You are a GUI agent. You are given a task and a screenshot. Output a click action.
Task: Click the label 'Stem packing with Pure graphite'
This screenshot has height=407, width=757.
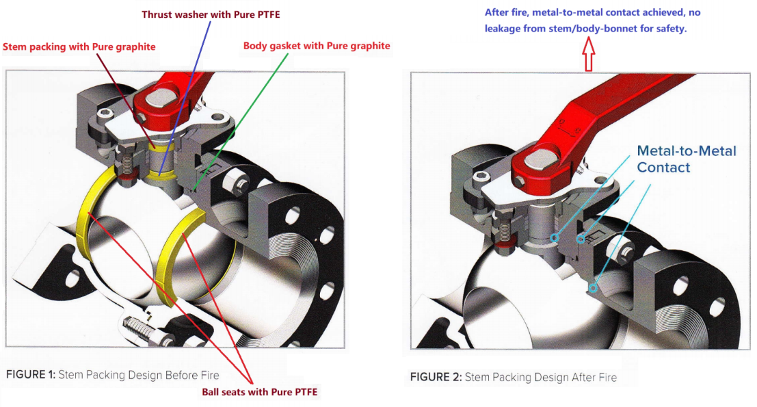(79, 47)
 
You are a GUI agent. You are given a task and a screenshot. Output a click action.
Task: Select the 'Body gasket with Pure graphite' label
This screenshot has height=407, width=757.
(317, 46)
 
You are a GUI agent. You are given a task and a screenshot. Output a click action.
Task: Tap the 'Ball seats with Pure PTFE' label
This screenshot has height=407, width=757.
(260, 392)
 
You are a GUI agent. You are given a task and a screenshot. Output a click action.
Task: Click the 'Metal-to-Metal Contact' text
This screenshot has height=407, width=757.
(686, 159)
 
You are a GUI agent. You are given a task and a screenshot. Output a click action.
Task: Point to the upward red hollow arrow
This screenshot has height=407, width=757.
(589, 54)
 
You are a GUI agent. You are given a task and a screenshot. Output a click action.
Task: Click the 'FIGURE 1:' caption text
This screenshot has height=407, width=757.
(31, 375)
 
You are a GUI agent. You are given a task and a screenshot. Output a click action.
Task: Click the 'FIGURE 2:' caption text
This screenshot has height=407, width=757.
(435, 377)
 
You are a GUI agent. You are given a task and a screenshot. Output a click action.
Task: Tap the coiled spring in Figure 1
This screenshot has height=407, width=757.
(140, 327)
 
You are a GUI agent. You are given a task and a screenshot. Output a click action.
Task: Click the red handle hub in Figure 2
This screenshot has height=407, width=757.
(537, 164)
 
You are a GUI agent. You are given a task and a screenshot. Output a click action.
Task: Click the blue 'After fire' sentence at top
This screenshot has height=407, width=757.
(592, 21)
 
